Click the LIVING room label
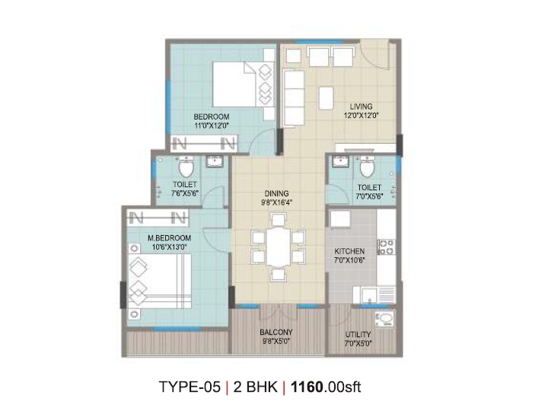click(x=361, y=107)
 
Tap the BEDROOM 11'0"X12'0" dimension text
click(x=211, y=126)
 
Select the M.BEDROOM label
click(x=170, y=238)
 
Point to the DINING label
click(x=277, y=193)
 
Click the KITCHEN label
click(x=349, y=251)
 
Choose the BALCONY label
click(x=276, y=332)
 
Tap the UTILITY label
click(x=358, y=334)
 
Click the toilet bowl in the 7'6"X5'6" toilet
click(x=186, y=167)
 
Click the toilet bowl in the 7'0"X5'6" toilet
click(x=367, y=167)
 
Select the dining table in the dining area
click(x=279, y=247)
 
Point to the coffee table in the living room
click(x=326, y=98)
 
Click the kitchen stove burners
click(x=387, y=247)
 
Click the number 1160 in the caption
click(x=307, y=387)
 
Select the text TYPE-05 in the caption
click(x=190, y=387)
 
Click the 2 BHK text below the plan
click(x=256, y=387)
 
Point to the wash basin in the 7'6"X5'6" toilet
click(x=213, y=161)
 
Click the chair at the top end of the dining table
click(x=279, y=220)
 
